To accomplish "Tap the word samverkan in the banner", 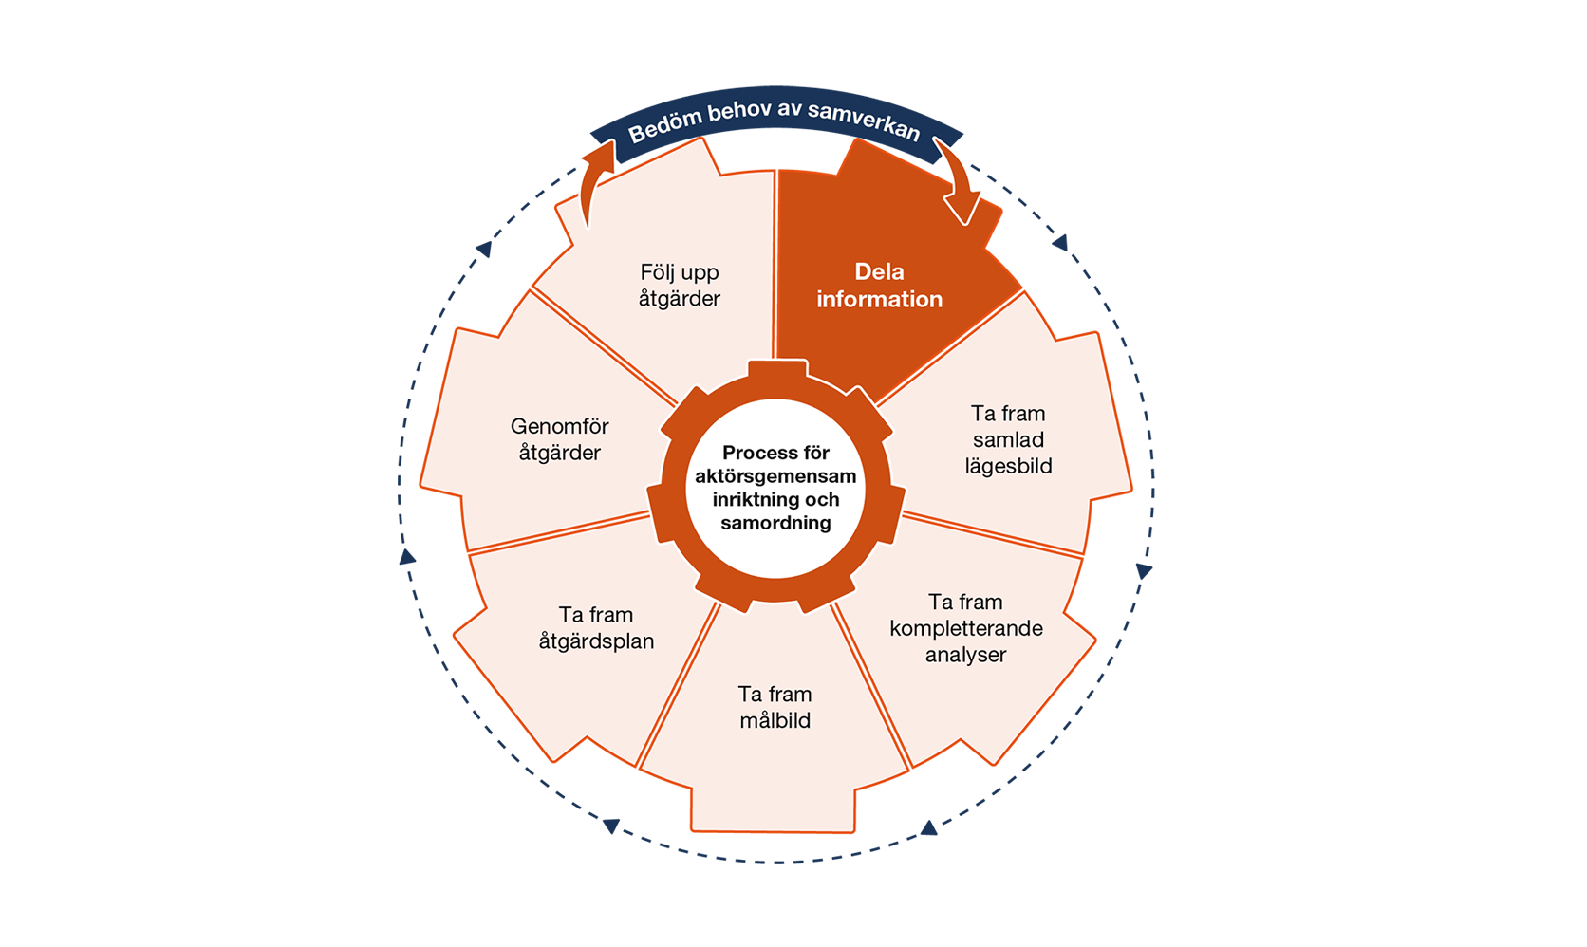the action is pyautogui.click(x=865, y=120).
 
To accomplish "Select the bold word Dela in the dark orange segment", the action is pyautogui.click(x=879, y=272).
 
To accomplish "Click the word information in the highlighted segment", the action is pyautogui.click(x=879, y=299).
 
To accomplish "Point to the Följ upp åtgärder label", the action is pyautogui.click(x=680, y=286).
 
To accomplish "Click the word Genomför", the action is pyautogui.click(x=560, y=426).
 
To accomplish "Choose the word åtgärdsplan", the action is pyautogui.click(x=596, y=641).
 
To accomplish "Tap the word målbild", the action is pyautogui.click(x=775, y=720).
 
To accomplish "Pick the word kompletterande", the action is pyautogui.click(x=966, y=628).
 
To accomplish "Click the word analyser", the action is pyautogui.click(x=965, y=655).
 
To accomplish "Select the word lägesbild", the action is pyautogui.click(x=1008, y=466).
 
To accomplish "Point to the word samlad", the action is pyautogui.click(x=1008, y=440).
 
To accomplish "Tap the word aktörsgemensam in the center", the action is pyautogui.click(x=775, y=476).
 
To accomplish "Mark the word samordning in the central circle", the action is pyautogui.click(x=775, y=523).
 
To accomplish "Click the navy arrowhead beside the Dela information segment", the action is pyautogui.click(x=1060, y=243).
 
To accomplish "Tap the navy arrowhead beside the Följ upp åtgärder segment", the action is pyautogui.click(x=484, y=249).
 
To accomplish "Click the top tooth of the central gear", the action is pyautogui.click(x=777, y=369).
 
